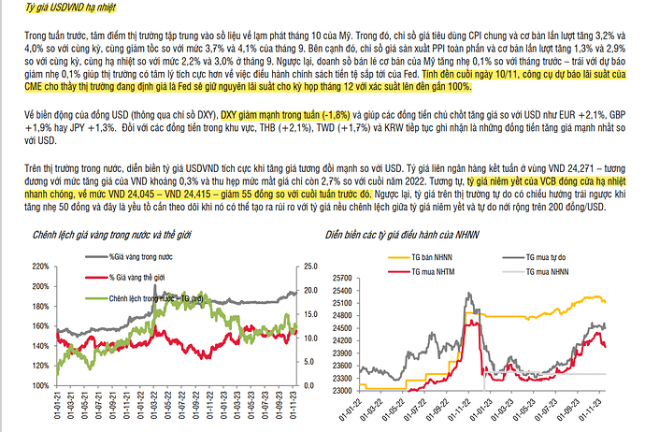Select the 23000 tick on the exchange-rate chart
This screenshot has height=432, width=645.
[x=345, y=390]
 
